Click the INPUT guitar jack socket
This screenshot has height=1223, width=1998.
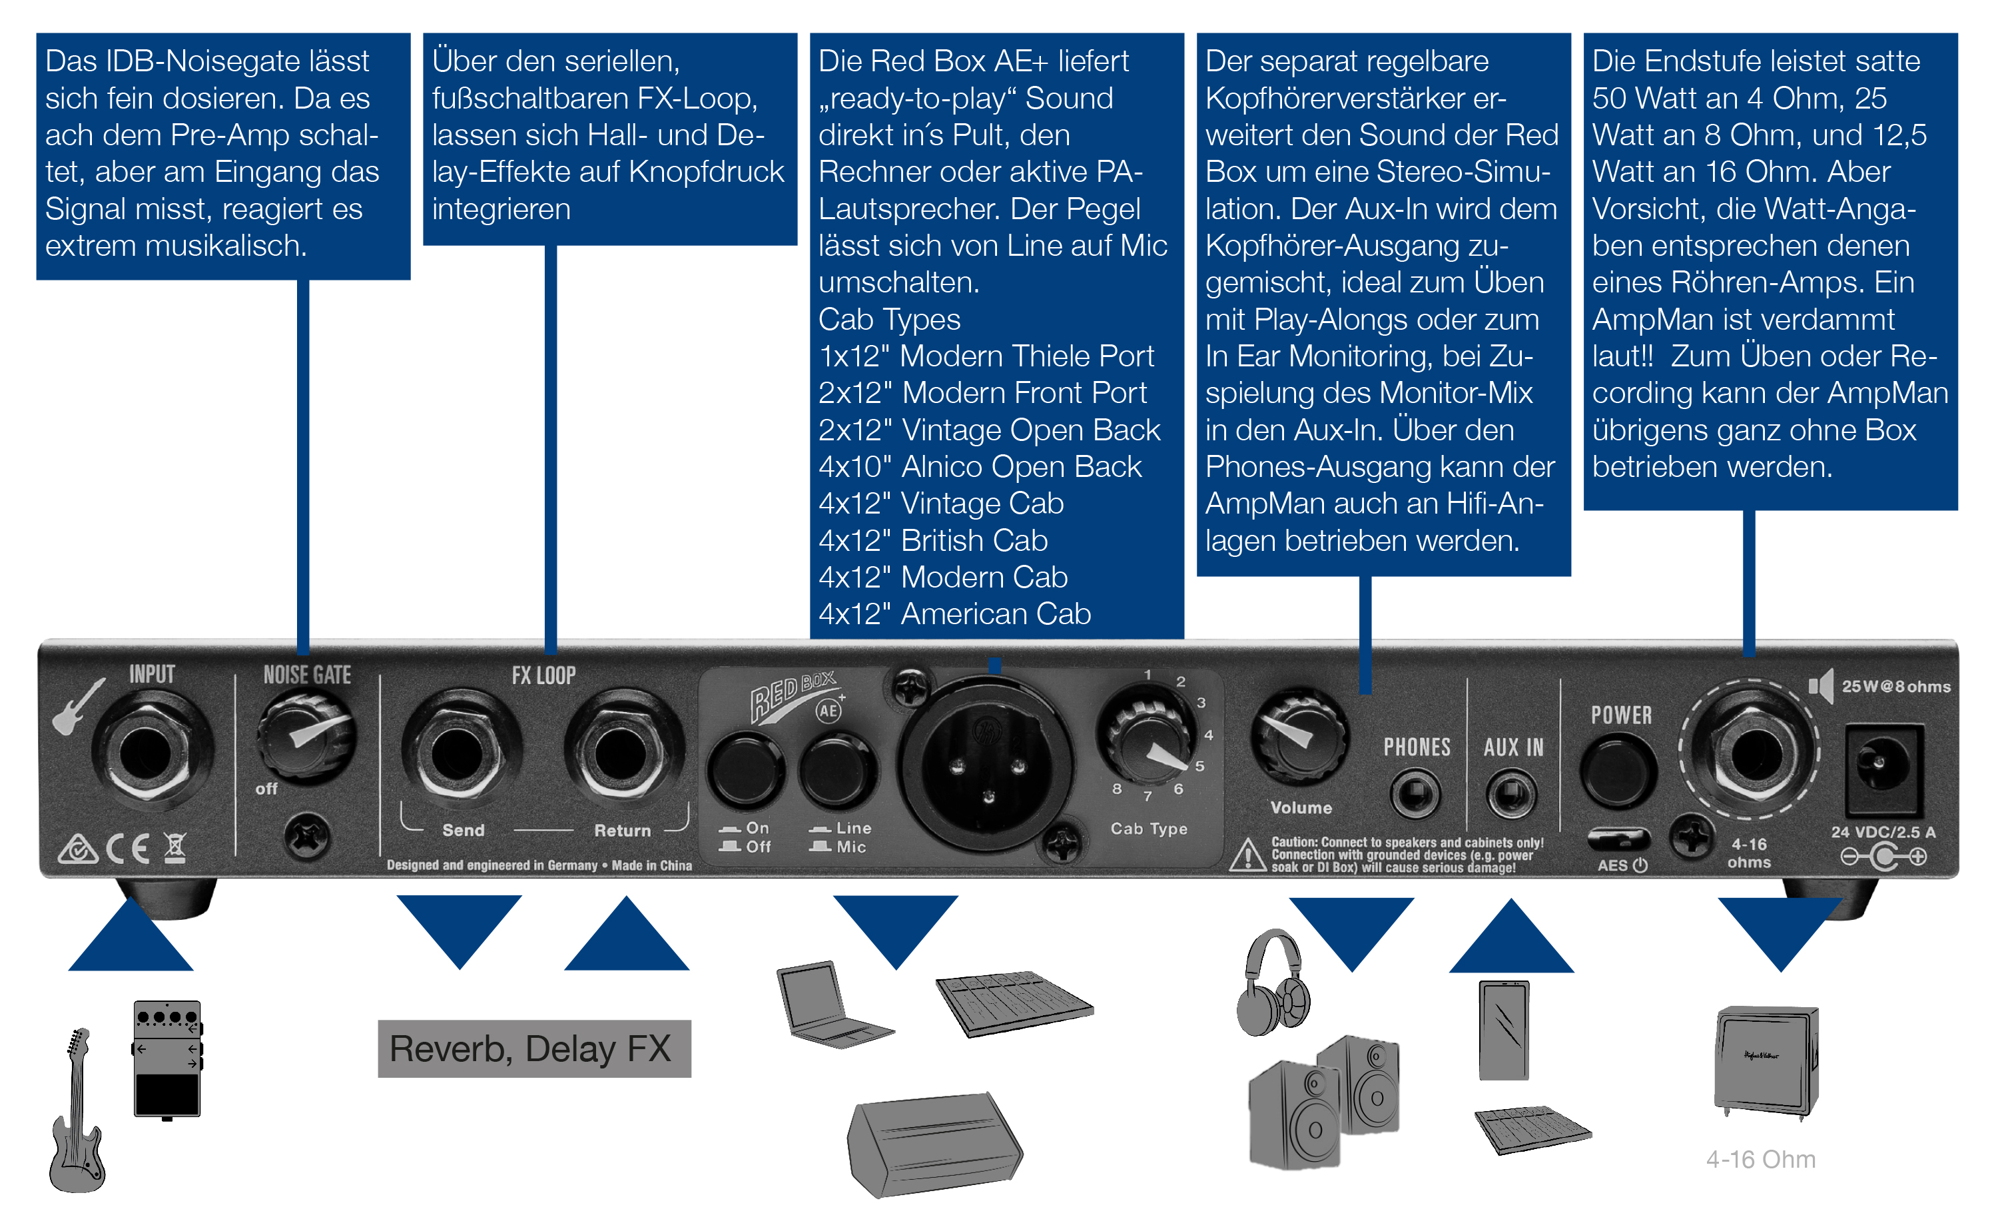pos(147,753)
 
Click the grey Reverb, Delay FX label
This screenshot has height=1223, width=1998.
pos(533,1048)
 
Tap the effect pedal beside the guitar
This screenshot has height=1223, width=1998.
pos(166,1059)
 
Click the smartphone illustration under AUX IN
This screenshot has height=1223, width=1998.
pos(1504,1030)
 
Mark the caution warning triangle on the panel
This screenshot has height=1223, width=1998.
pos(1247,855)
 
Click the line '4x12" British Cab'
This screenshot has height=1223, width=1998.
pos(932,540)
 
